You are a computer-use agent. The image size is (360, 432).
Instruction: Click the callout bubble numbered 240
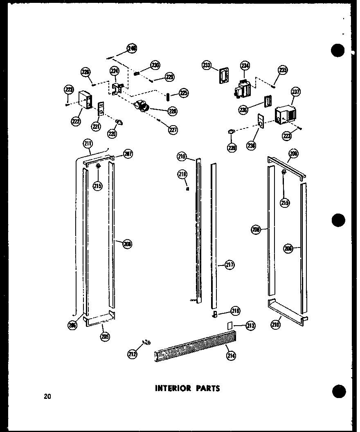[132, 49]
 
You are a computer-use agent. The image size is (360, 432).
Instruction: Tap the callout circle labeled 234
[245, 65]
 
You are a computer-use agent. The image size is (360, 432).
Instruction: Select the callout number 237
[295, 92]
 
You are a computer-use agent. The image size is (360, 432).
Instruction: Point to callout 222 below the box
[76, 121]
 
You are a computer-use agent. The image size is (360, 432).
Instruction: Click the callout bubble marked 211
[88, 143]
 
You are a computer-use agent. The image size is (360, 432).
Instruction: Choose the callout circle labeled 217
[229, 265]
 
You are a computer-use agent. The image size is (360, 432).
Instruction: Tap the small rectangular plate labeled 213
[229, 325]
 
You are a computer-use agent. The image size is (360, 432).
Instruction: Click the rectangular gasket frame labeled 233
[223, 75]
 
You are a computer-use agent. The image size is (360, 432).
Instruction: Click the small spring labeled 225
[168, 96]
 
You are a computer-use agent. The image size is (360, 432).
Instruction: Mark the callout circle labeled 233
[207, 65]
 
